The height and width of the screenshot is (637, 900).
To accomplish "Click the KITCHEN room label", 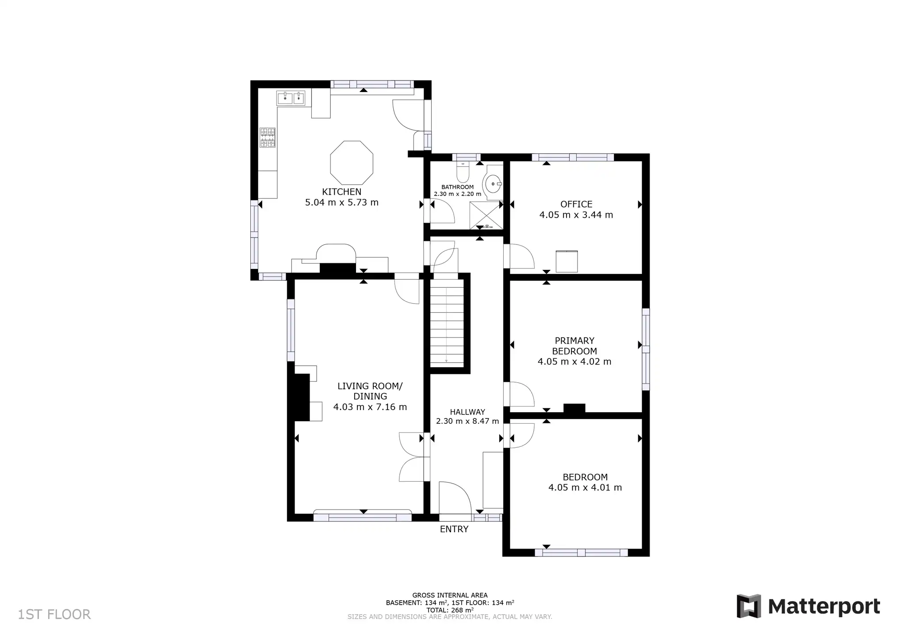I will pyautogui.click(x=341, y=192).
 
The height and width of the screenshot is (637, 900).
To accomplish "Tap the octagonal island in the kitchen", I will pyautogui.click(x=352, y=163).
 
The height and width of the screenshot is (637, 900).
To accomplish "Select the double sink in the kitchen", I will pyautogui.click(x=291, y=98).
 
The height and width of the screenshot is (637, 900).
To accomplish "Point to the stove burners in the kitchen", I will pyautogui.click(x=268, y=138).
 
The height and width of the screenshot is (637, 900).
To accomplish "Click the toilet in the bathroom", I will pyautogui.click(x=463, y=173).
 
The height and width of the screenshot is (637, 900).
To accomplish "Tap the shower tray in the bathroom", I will pyautogui.click(x=486, y=215).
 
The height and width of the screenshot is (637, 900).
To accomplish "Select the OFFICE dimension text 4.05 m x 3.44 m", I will pyautogui.click(x=576, y=215).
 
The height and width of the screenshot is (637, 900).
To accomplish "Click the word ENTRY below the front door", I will pyautogui.click(x=454, y=529).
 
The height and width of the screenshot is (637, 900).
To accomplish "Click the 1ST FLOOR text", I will pyautogui.click(x=54, y=614).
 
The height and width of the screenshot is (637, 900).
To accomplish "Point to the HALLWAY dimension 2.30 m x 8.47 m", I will pyautogui.click(x=467, y=421).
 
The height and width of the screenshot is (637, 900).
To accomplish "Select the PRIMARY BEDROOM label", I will pyautogui.click(x=574, y=346).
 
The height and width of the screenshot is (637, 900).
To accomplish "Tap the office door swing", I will pyautogui.click(x=521, y=257).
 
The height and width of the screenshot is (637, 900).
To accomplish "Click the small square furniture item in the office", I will pyautogui.click(x=567, y=261).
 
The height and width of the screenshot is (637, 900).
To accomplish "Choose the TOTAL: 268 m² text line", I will pyautogui.click(x=450, y=610).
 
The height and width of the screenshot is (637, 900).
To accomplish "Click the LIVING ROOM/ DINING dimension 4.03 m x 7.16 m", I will pyautogui.click(x=370, y=407).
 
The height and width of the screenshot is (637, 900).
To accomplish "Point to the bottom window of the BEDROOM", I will pyautogui.click(x=581, y=553).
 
